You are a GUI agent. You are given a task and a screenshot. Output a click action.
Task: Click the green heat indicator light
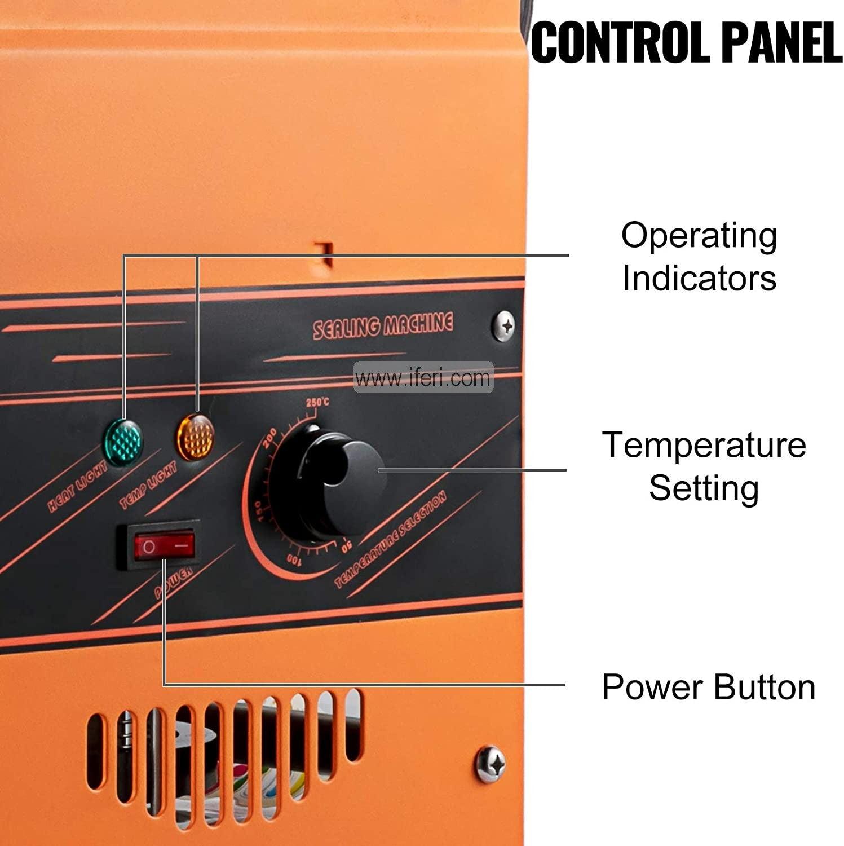[x=123, y=442]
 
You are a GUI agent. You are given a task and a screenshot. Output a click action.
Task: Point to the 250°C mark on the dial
[x=317, y=403]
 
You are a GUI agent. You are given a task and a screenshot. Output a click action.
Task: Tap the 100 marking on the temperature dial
[x=294, y=560]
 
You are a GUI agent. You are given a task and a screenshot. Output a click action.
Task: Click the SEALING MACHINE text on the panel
[x=383, y=325]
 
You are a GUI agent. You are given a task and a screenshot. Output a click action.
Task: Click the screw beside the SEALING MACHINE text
[x=503, y=325]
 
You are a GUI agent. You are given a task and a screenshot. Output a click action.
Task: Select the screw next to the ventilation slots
[x=491, y=763]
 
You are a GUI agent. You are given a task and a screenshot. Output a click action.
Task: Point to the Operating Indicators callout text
[x=699, y=257]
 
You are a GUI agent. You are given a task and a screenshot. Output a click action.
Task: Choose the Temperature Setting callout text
[x=704, y=466]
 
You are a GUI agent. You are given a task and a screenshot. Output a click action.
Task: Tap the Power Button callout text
[x=709, y=687]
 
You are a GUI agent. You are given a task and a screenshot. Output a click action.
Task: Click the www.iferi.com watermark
[x=423, y=377]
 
